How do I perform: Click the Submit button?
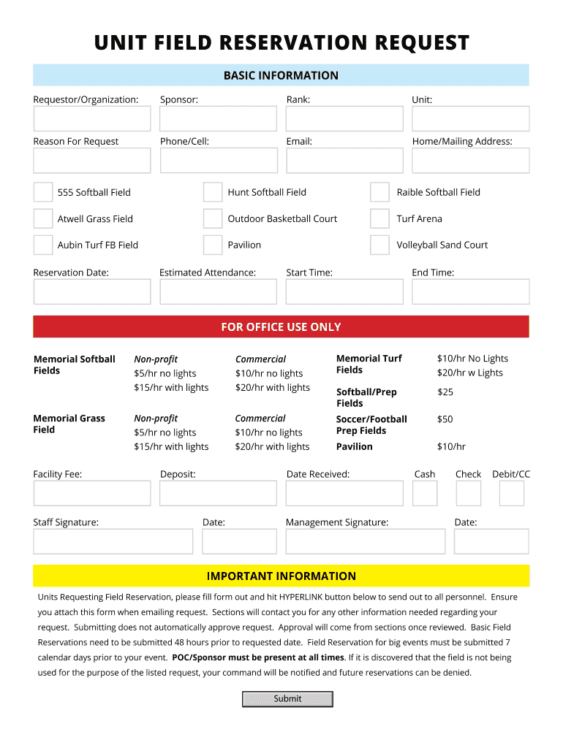[287, 699]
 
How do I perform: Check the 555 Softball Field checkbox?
[43, 192]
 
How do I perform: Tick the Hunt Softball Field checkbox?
[213, 192]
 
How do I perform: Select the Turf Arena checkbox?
[379, 218]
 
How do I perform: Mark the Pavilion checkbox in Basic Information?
[213, 245]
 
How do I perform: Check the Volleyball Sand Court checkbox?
[379, 245]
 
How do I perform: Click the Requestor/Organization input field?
[91, 119]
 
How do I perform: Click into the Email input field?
[344, 161]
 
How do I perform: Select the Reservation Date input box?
[91, 292]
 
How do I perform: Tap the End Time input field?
[470, 292]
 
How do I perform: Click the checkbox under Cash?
[425, 494]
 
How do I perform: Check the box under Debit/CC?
[512, 494]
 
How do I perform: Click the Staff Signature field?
[113, 541]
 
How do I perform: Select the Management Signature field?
[365, 541]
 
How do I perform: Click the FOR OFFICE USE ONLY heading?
[281, 327]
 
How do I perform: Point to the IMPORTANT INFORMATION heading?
[281, 576]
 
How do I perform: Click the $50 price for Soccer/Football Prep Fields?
[445, 419]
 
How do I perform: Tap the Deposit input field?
[218, 494]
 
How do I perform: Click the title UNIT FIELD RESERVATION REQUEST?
[281, 43]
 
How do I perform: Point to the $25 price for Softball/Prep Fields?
[445, 392]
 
